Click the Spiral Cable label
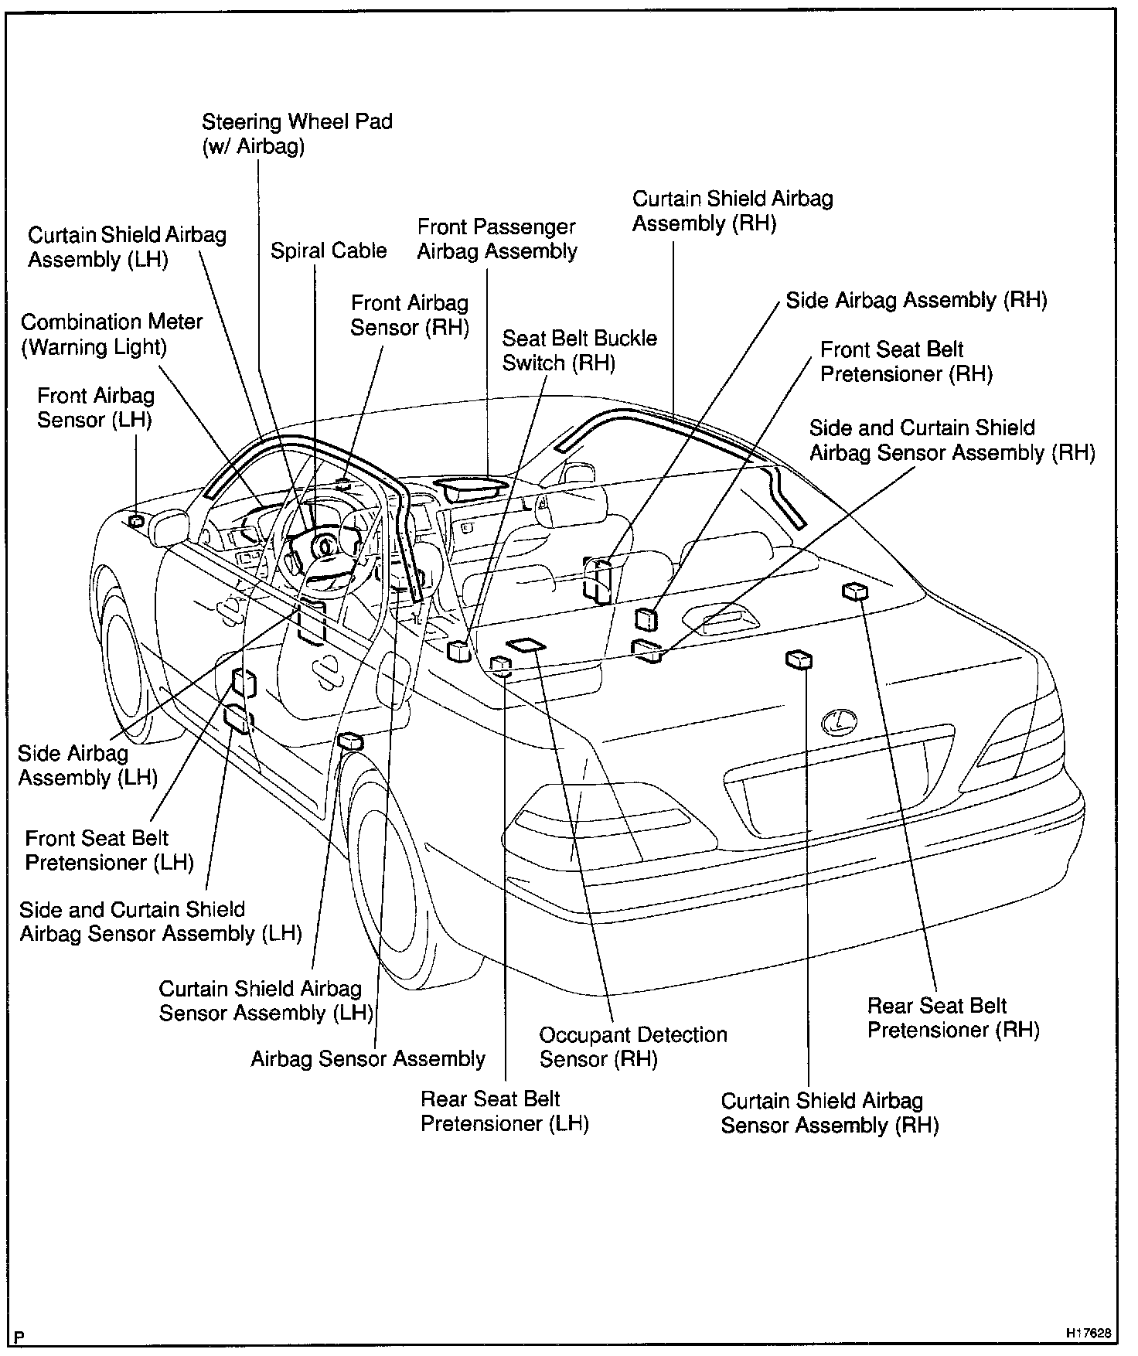tap(329, 251)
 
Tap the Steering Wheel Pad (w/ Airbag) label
tap(297, 134)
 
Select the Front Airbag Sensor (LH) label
tap(95, 408)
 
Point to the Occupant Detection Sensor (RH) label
tap(632, 1047)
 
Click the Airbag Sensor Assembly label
tap(368, 1059)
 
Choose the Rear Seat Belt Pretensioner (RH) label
tap(952, 1017)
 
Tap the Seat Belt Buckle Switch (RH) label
tap(579, 350)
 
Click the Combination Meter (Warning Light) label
tap(111, 334)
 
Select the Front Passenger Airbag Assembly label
tap(497, 239)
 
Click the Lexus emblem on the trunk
tap(840, 723)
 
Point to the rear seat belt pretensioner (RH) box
tap(855, 591)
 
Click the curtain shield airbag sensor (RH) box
tap(799, 659)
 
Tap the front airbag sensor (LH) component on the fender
tap(137, 521)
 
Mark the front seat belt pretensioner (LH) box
tap(244, 682)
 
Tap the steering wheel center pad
tap(325, 544)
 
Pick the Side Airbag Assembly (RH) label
tap(916, 300)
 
